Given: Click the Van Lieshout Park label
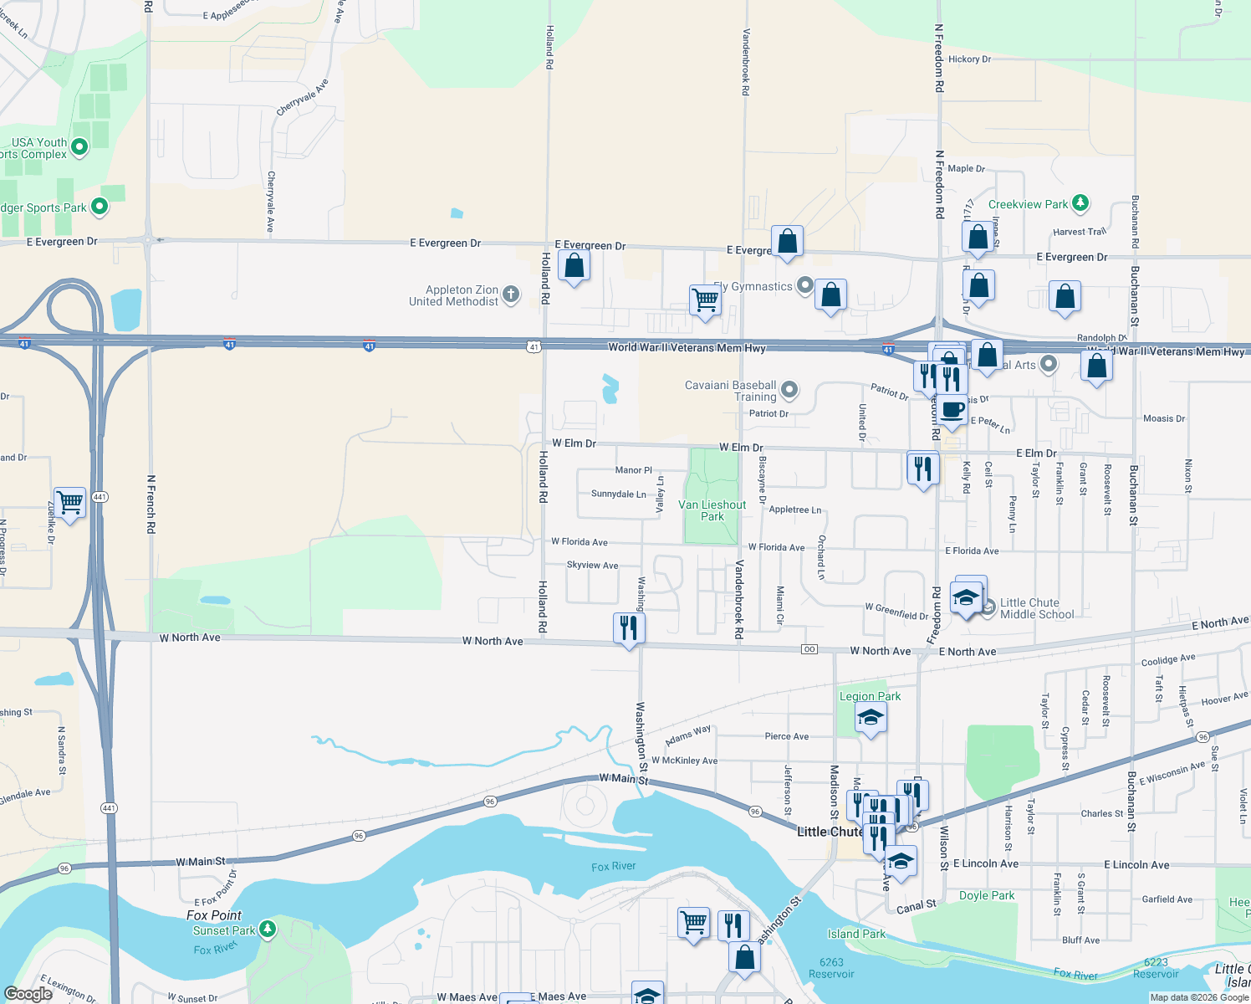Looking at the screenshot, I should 712,510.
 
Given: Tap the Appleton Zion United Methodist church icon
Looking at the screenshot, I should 511,295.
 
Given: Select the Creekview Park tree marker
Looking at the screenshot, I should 1080,202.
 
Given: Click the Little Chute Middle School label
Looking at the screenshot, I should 1036,608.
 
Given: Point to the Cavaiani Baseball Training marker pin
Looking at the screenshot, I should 789,390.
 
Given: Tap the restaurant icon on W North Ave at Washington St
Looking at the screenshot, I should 629,627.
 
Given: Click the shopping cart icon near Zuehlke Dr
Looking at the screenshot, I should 70,502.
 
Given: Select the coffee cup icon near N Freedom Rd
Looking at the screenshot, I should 952,409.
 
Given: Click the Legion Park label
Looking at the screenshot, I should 870,696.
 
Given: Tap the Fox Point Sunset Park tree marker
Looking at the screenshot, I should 268,929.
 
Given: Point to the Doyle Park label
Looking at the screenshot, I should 987,895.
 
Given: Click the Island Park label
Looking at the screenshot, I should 856,934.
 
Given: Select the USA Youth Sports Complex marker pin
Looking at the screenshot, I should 79,147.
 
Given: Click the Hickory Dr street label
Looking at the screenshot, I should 969,59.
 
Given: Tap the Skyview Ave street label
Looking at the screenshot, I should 592,566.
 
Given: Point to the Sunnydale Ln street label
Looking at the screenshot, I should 618,494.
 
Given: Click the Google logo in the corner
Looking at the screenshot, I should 28,993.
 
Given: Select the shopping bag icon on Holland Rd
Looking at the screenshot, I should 574,266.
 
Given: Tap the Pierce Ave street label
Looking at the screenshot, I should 786,736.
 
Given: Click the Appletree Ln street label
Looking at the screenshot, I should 794,510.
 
